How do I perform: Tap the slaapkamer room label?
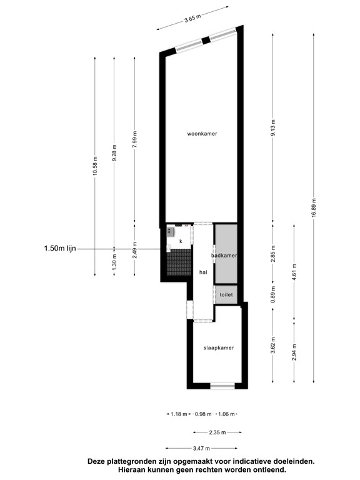219,347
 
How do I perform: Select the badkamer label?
226,256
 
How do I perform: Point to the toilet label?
226,292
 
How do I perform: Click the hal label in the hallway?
202,272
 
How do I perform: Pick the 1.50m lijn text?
60,248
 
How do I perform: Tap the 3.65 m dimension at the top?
192,18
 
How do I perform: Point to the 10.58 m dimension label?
95,166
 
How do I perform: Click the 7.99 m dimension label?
135,138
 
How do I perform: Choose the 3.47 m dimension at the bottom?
202,448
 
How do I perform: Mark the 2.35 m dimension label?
217,431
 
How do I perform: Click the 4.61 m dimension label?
294,272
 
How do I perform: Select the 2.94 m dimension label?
294,352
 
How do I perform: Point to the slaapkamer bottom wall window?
222,386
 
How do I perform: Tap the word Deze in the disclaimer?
100,462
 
